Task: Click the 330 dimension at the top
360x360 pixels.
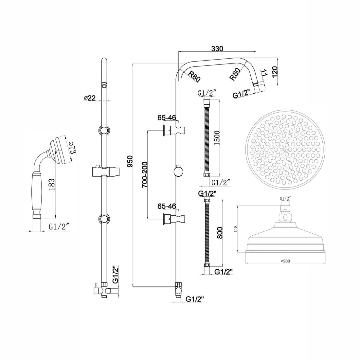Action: (x=217, y=49)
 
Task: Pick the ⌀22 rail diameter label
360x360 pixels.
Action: (x=89, y=98)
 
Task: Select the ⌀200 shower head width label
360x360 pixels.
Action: (x=285, y=261)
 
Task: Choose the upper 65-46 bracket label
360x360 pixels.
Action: (x=167, y=117)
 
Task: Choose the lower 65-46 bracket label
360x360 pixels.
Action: (x=167, y=206)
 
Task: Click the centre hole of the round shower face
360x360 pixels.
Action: (x=285, y=149)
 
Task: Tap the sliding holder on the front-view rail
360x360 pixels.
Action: (x=104, y=171)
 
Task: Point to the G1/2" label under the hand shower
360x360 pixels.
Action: (x=59, y=226)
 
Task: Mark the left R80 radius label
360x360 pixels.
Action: (x=194, y=76)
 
